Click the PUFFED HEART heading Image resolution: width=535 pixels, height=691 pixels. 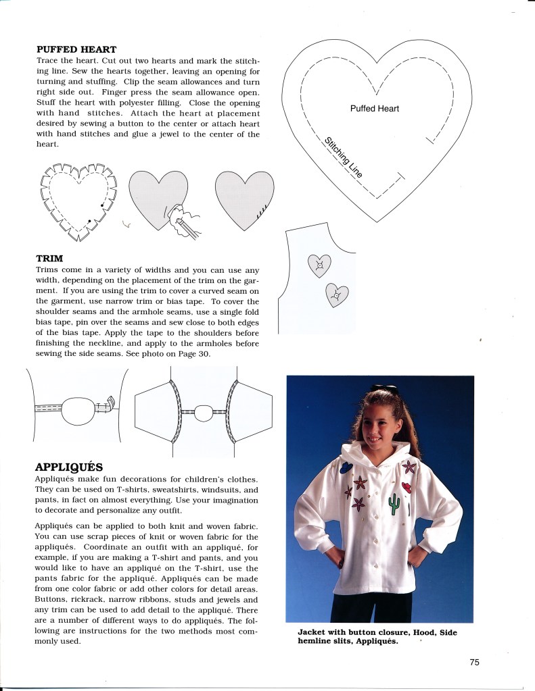coord(76,49)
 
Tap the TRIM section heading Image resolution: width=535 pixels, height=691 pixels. coord(49,258)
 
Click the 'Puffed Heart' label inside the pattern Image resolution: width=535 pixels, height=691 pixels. coord(374,109)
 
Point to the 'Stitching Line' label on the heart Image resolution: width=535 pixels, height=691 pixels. coord(343,157)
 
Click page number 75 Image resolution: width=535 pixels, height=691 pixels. coord(474,662)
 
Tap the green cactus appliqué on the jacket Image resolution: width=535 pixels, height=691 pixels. coord(394,503)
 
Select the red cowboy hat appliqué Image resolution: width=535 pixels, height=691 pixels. coord(406,488)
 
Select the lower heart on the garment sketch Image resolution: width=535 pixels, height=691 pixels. coord(336,295)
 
